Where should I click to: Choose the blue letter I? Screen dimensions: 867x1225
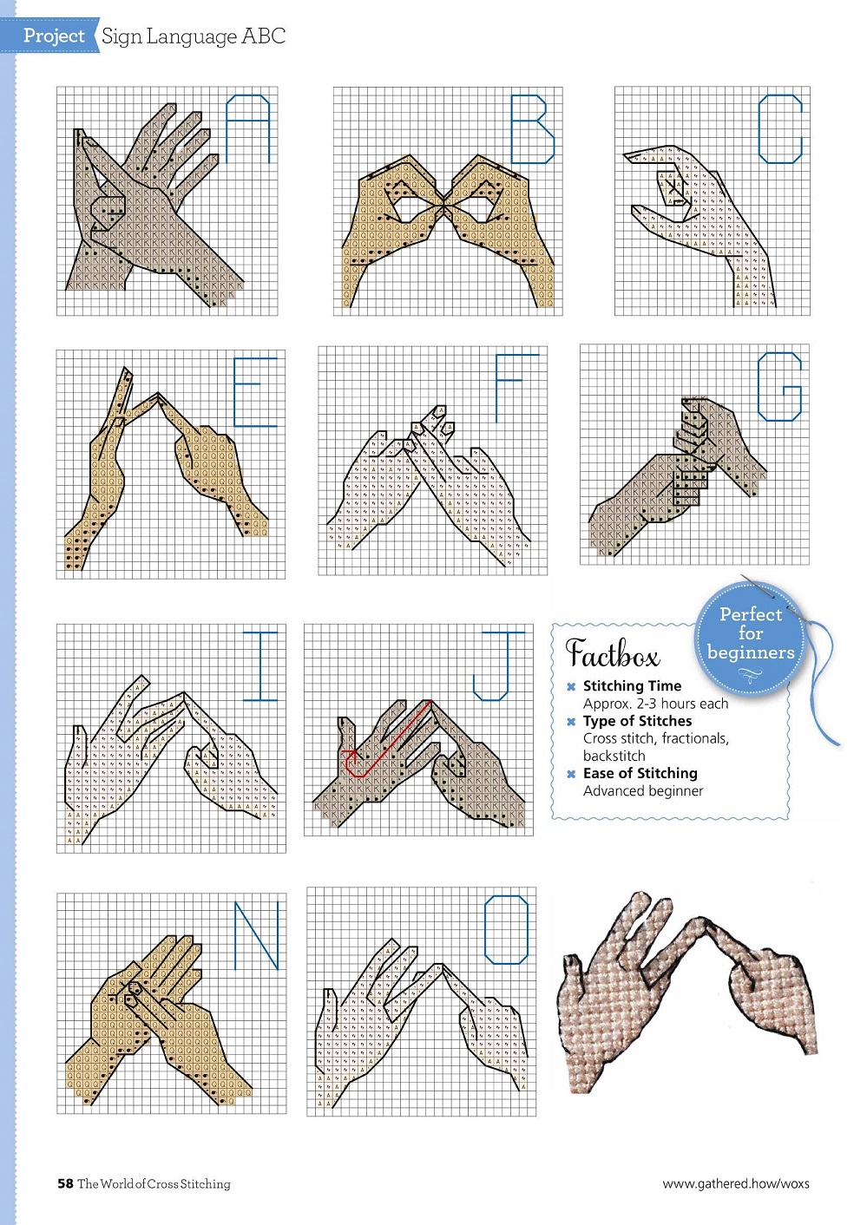point(260,665)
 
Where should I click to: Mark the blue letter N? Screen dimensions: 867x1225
point(257,936)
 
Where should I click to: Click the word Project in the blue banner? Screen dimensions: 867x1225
point(54,36)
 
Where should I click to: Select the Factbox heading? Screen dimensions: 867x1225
point(612,652)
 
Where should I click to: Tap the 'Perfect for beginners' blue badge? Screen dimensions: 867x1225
point(751,639)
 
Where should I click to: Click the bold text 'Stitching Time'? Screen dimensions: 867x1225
point(632,685)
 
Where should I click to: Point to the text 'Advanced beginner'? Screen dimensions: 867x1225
point(643,790)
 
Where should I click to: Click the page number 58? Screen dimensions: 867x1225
point(65,1183)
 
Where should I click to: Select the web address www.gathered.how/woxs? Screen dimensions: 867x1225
point(736,1184)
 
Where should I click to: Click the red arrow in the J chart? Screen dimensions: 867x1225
point(386,739)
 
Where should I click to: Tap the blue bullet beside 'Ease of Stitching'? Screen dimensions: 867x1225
point(571,774)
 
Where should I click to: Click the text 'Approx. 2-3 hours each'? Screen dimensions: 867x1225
point(655,704)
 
